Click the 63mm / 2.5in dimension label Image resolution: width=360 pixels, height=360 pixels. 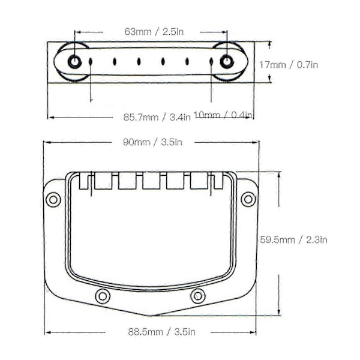click(154, 32)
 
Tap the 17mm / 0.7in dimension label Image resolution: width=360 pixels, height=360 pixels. click(289, 65)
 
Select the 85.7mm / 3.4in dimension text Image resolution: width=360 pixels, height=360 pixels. click(157, 118)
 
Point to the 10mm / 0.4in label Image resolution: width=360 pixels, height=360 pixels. click(223, 115)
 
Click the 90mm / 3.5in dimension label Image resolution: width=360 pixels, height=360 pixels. click(152, 142)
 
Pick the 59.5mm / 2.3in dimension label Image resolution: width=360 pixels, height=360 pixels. click(293, 240)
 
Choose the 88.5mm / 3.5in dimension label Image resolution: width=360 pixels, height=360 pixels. click(162, 332)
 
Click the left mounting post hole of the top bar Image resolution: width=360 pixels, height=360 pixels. click(74, 62)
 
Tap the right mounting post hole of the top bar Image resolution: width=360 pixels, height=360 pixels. click(227, 62)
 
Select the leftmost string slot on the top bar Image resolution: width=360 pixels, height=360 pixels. click(91, 61)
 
